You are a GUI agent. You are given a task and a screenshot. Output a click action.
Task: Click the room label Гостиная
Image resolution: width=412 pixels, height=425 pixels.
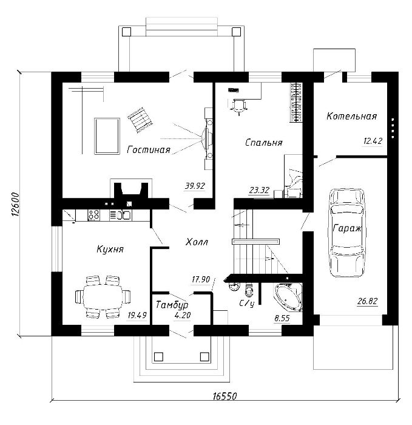coord(149,149)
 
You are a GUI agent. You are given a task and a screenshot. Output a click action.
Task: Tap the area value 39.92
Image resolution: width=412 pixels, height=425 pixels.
coord(195,186)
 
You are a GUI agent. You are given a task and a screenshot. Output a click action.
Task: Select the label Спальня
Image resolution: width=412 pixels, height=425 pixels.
coord(264,143)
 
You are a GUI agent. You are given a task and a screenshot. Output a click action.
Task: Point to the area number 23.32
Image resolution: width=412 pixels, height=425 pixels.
coord(259,190)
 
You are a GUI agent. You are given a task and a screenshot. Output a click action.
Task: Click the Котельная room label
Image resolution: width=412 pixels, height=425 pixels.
coord(351,117)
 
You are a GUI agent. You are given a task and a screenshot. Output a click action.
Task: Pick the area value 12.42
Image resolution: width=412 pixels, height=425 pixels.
coord(373,141)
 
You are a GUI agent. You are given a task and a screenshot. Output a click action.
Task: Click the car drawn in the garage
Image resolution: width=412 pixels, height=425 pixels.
coord(346,233)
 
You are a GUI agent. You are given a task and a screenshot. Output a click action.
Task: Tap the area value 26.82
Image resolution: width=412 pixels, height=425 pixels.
coord(368,301)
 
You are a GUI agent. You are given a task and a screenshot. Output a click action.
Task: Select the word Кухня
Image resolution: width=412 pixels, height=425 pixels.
coord(110,249)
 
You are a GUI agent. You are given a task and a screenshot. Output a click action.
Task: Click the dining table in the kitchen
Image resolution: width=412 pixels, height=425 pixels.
coord(103,297)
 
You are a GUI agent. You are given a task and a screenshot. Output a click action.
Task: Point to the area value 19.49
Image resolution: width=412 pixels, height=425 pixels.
coord(137,315)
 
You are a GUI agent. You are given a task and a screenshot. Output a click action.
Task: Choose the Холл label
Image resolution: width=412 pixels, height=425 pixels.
coord(197,242)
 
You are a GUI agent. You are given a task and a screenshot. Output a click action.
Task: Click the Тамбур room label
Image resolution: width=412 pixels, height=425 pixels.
coord(172,305)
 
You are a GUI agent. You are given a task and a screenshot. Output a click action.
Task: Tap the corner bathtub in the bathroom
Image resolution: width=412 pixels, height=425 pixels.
coord(289,297)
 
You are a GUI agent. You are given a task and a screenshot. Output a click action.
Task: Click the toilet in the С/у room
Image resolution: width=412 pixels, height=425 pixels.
coord(248,290)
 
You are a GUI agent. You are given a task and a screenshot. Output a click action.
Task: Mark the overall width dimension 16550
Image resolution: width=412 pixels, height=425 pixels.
coord(225,396)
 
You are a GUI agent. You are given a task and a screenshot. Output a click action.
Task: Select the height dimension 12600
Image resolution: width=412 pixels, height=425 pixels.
coord(15,205)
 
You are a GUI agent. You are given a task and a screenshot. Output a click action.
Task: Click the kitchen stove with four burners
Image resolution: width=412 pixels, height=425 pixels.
coord(93,215)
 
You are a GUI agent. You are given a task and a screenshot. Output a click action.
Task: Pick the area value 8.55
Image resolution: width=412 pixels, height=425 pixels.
coord(282,318)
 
